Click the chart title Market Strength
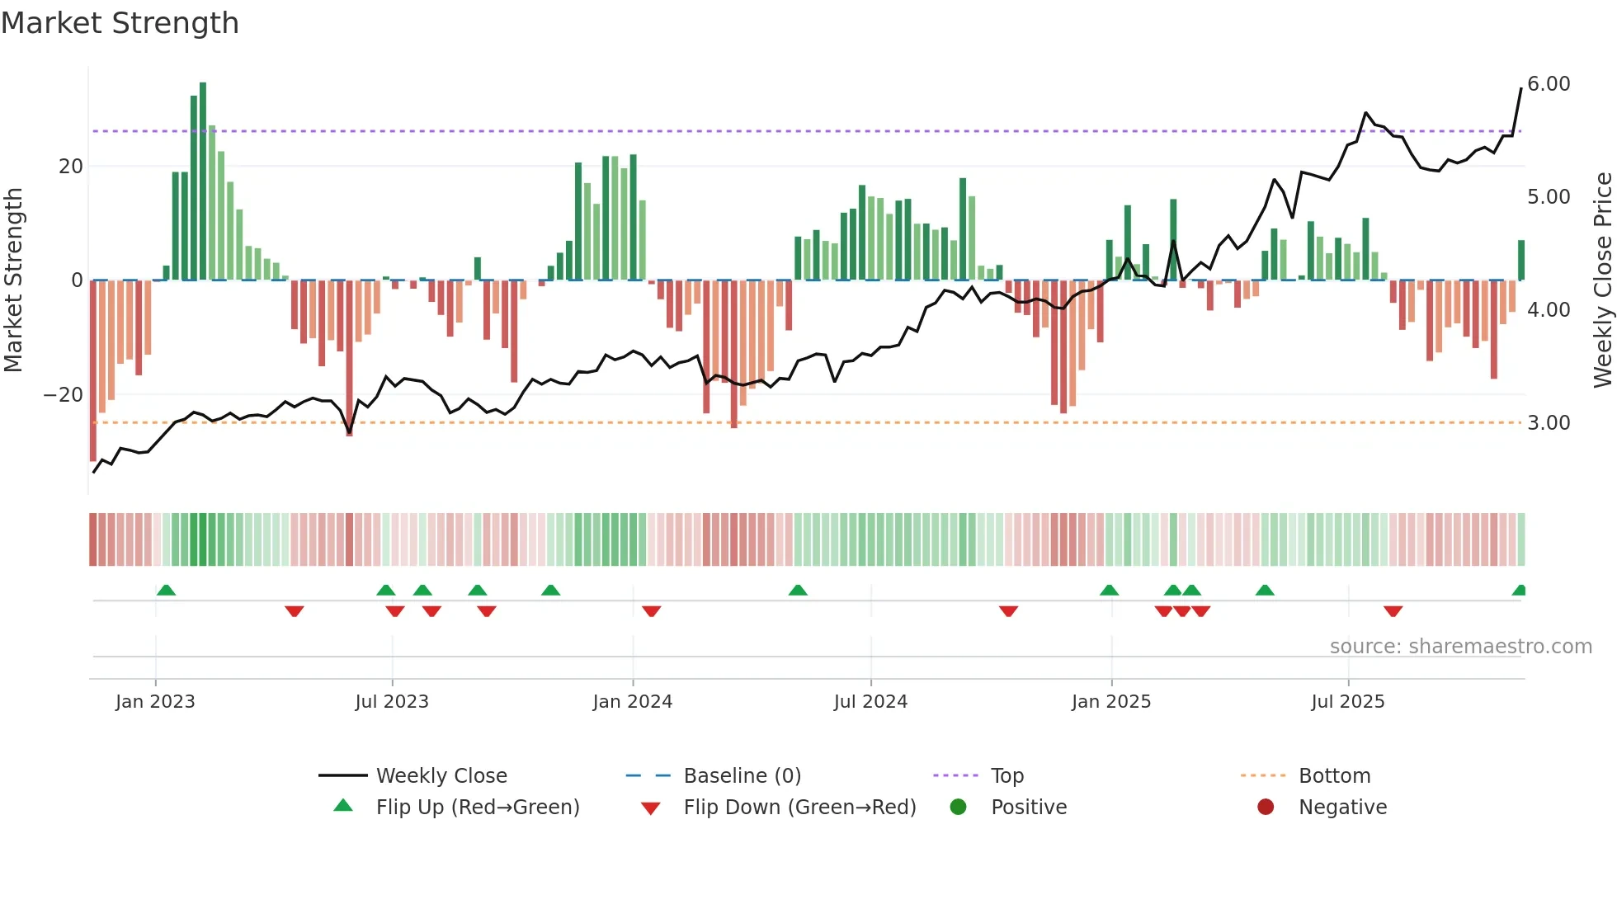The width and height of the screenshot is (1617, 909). pyautogui.click(x=120, y=23)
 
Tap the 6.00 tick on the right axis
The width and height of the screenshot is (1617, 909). pyautogui.click(x=1549, y=84)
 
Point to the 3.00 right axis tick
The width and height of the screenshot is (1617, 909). pyautogui.click(x=1549, y=423)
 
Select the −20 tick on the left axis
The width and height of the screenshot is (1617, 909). pyautogui.click(x=63, y=395)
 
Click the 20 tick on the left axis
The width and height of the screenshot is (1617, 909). pyautogui.click(x=71, y=167)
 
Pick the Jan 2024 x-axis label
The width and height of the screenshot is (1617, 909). pyautogui.click(x=632, y=702)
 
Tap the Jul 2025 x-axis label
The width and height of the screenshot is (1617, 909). pyautogui.click(x=1347, y=702)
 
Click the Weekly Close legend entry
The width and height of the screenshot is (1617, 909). pyautogui.click(x=441, y=776)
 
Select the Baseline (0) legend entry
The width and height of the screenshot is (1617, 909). pyautogui.click(x=742, y=776)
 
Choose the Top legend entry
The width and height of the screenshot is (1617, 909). pyautogui.click(x=1006, y=776)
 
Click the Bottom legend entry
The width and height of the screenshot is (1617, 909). pyautogui.click(x=1334, y=776)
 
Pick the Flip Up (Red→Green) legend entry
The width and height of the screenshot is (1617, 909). pyautogui.click(x=477, y=808)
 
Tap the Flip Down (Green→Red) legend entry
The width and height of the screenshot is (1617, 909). pyautogui.click(x=799, y=808)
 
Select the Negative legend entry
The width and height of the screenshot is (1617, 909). pyautogui.click(x=1342, y=808)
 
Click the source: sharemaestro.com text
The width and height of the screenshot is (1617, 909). pyautogui.click(x=1460, y=647)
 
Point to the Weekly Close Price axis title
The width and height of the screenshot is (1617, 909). pyautogui.click(x=1602, y=280)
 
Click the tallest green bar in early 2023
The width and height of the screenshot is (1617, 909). pyautogui.click(x=203, y=181)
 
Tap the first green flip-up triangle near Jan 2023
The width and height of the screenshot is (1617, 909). pyautogui.click(x=166, y=590)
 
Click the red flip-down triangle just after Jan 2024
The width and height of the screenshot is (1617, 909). pyautogui.click(x=651, y=611)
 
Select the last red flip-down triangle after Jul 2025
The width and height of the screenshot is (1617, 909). pyautogui.click(x=1393, y=611)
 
